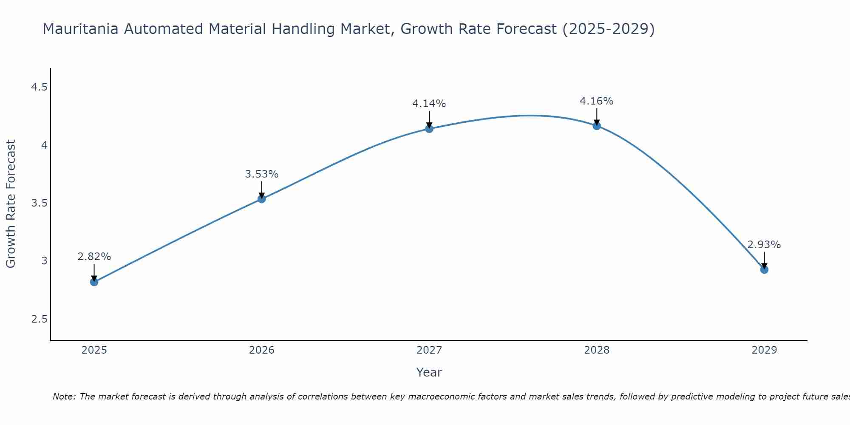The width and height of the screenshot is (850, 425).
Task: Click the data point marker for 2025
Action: (x=94, y=282)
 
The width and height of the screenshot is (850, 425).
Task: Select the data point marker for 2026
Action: (x=262, y=198)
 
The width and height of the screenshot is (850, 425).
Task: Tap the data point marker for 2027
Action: (x=429, y=128)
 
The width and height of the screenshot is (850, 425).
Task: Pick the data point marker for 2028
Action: (x=597, y=126)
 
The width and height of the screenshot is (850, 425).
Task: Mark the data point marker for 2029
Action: (x=764, y=269)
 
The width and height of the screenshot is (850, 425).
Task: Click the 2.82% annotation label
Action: (x=94, y=257)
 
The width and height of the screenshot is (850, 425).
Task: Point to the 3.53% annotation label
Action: (x=262, y=174)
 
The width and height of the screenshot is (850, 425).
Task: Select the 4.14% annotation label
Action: (x=429, y=104)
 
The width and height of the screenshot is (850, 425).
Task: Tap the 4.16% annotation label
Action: (x=597, y=101)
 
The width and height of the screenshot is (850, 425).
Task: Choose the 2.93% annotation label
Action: (x=764, y=245)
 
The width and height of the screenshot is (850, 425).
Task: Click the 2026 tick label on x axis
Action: (x=262, y=350)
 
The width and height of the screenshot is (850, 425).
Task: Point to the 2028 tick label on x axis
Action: (x=597, y=350)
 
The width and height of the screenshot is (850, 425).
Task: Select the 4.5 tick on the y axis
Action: (x=39, y=88)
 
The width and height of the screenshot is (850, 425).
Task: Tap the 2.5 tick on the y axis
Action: (x=39, y=319)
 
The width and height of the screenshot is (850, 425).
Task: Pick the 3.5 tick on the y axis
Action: (x=39, y=203)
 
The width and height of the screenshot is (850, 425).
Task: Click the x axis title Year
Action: (x=429, y=372)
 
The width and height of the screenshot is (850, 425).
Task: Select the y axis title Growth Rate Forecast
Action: (x=11, y=204)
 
